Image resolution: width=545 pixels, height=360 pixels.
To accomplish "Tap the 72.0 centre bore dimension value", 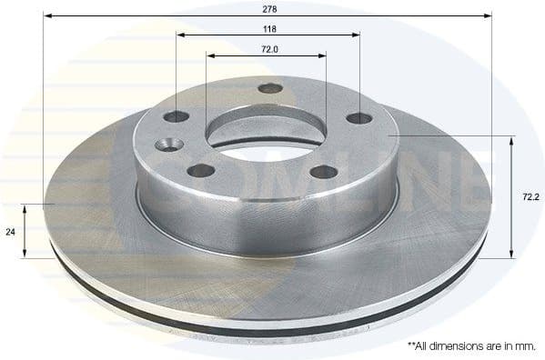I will click(267, 48).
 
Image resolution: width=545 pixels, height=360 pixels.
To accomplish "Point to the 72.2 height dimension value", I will click(527, 195).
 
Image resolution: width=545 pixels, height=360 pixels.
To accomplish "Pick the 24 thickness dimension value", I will click(11, 232).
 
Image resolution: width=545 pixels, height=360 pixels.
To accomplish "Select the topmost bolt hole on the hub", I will click(269, 88).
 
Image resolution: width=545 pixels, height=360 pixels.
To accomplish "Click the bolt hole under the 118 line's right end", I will click(358, 118).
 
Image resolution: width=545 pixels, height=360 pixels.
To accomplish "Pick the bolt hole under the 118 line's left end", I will click(176, 116).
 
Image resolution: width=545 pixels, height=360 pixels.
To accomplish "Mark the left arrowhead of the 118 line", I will click(180, 35).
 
